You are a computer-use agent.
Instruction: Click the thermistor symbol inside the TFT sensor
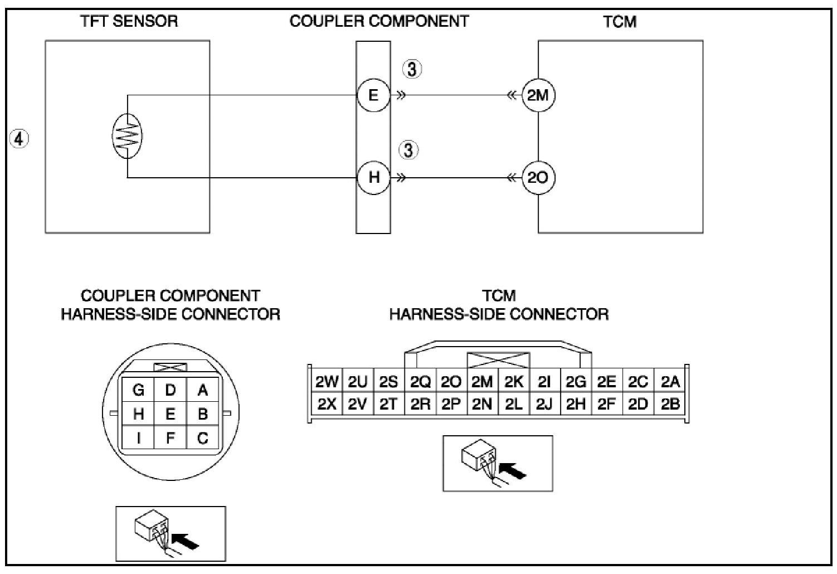(x=128, y=136)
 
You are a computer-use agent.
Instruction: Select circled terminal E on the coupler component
(x=373, y=95)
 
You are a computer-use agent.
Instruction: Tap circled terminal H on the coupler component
(x=373, y=178)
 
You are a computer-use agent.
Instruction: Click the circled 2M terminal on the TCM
(x=538, y=95)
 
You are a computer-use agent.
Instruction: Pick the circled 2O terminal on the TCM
(x=538, y=178)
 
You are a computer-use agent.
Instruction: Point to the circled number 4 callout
(x=19, y=138)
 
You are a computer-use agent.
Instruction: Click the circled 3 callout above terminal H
(x=410, y=150)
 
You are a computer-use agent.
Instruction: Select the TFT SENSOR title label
(x=129, y=22)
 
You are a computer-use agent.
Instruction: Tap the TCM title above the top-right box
(x=620, y=22)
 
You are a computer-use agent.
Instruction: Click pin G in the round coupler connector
(x=138, y=390)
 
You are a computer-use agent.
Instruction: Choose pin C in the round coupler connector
(x=202, y=438)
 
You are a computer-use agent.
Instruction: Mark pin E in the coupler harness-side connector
(x=171, y=414)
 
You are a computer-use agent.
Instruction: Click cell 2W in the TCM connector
(x=327, y=382)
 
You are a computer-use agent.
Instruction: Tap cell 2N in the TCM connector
(x=481, y=404)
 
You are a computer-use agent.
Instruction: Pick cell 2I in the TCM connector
(x=544, y=382)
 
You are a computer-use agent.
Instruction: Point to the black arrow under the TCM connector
(x=513, y=470)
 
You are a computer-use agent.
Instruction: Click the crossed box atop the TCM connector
(x=498, y=360)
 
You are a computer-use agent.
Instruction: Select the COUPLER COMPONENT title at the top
(x=379, y=22)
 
